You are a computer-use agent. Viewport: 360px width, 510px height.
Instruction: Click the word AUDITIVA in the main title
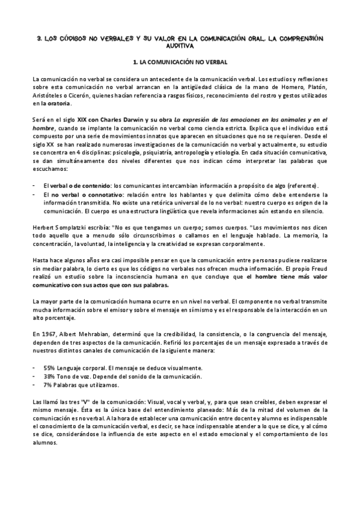tap(181, 45)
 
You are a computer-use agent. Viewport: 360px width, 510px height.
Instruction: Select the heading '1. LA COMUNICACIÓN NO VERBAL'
tap(180, 62)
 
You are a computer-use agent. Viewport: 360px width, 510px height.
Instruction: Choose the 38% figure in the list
tap(50, 376)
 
